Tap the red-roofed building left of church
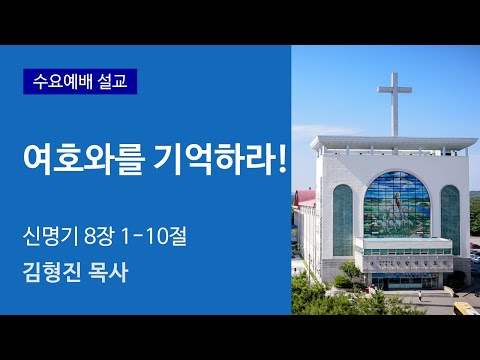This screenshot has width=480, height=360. pos(308,197)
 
